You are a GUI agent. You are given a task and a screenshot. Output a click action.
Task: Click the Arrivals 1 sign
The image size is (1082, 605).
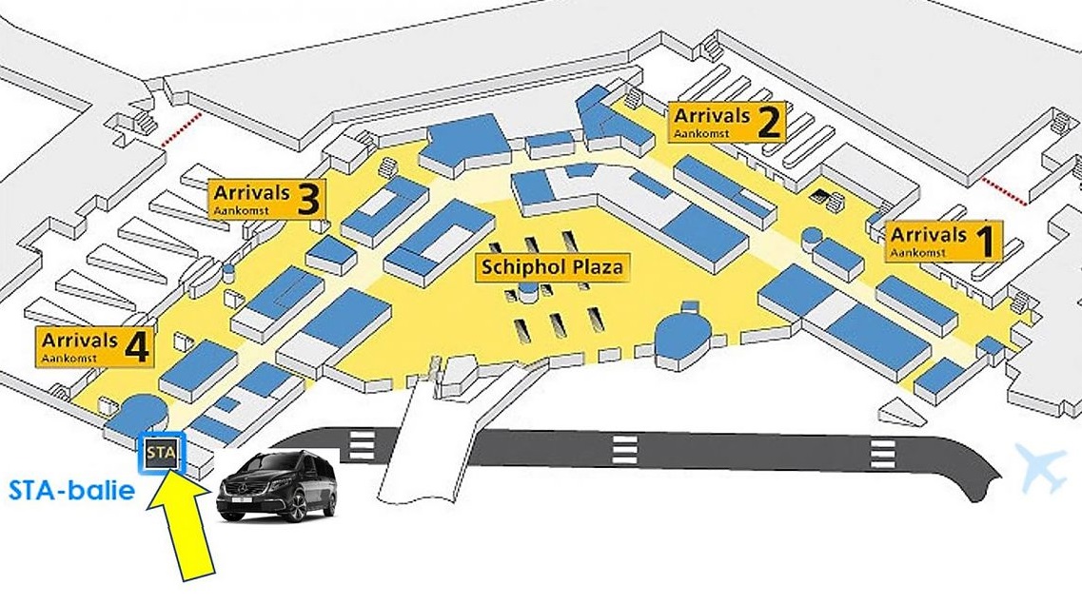coord(944,242)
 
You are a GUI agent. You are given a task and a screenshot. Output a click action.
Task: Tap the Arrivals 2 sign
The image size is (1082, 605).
coord(727,123)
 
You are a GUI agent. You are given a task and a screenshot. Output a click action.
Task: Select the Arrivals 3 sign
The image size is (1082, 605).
coord(267,200)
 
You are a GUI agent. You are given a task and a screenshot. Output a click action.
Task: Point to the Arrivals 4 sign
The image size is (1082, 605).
coord(94,347)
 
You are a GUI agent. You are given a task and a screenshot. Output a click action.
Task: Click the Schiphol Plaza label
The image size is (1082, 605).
coord(552,267)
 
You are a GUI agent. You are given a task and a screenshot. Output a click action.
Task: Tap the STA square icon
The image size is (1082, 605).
coord(162,454)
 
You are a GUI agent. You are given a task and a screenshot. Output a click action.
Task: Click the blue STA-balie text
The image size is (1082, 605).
coord(71,491)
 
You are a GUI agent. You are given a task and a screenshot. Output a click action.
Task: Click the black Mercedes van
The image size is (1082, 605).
coord(277,485)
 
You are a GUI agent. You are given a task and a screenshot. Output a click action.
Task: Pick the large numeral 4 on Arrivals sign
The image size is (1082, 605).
coord(137,347)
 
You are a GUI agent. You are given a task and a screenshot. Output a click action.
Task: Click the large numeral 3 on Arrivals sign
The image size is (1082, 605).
coord(309,200)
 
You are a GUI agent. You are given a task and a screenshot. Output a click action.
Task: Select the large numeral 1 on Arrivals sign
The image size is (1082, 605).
coord(988,242)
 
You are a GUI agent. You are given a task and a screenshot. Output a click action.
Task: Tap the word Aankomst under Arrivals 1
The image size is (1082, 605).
coord(917,252)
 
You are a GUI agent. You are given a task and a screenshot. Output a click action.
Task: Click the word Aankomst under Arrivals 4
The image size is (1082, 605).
coord(69,358)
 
